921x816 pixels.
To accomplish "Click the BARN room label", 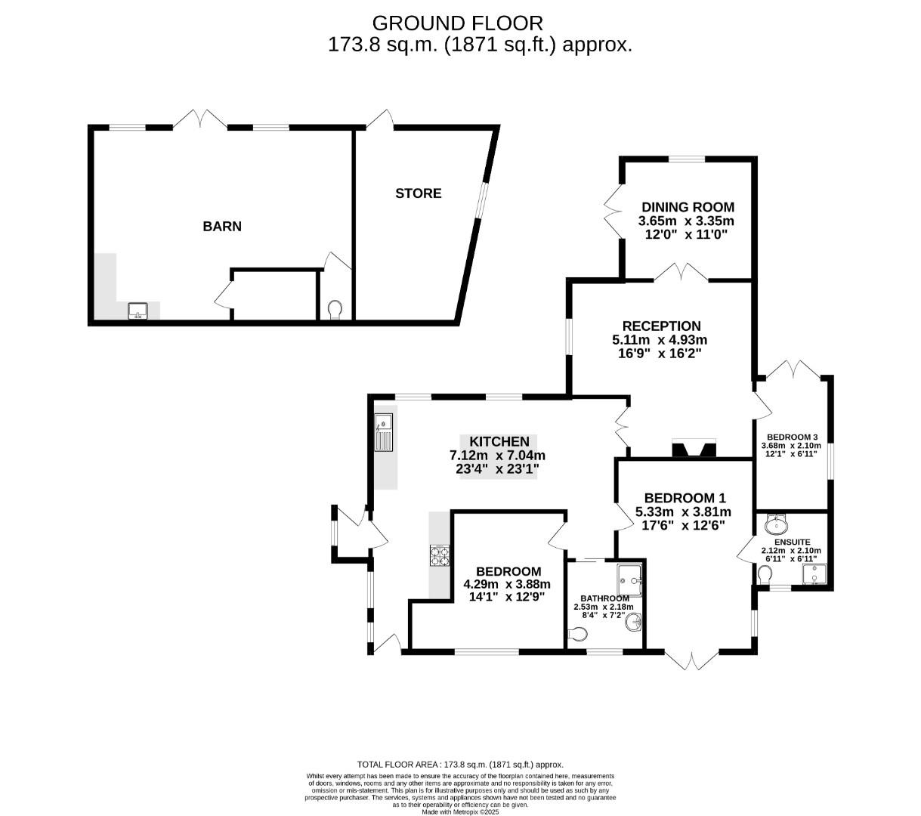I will click(x=222, y=226).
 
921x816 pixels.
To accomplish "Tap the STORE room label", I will click(x=419, y=193).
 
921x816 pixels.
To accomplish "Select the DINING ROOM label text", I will click(x=688, y=207).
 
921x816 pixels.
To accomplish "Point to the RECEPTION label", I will click(x=660, y=326).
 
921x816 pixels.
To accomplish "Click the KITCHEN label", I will click(x=499, y=442).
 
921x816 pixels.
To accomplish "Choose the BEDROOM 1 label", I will click(x=685, y=498).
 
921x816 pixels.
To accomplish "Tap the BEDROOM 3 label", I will click(x=792, y=437).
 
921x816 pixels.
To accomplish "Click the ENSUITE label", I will click(x=791, y=542).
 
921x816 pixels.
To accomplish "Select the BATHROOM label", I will click(x=604, y=598).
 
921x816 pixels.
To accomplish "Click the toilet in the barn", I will click(x=335, y=309).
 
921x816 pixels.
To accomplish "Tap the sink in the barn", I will click(x=138, y=311).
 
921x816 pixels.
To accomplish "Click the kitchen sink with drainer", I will click(x=385, y=433).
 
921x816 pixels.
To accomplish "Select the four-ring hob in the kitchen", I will click(x=440, y=555).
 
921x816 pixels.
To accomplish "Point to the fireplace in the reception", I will click(x=693, y=450).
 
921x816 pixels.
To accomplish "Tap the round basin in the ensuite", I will click(x=776, y=524).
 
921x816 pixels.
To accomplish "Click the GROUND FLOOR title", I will click(x=458, y=23).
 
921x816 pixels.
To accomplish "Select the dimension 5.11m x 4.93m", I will click(x=660, y=340).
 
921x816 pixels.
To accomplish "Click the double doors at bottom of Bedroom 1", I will click(x=691, y=660).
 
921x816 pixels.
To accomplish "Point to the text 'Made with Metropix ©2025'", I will click(x=460, y=811).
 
